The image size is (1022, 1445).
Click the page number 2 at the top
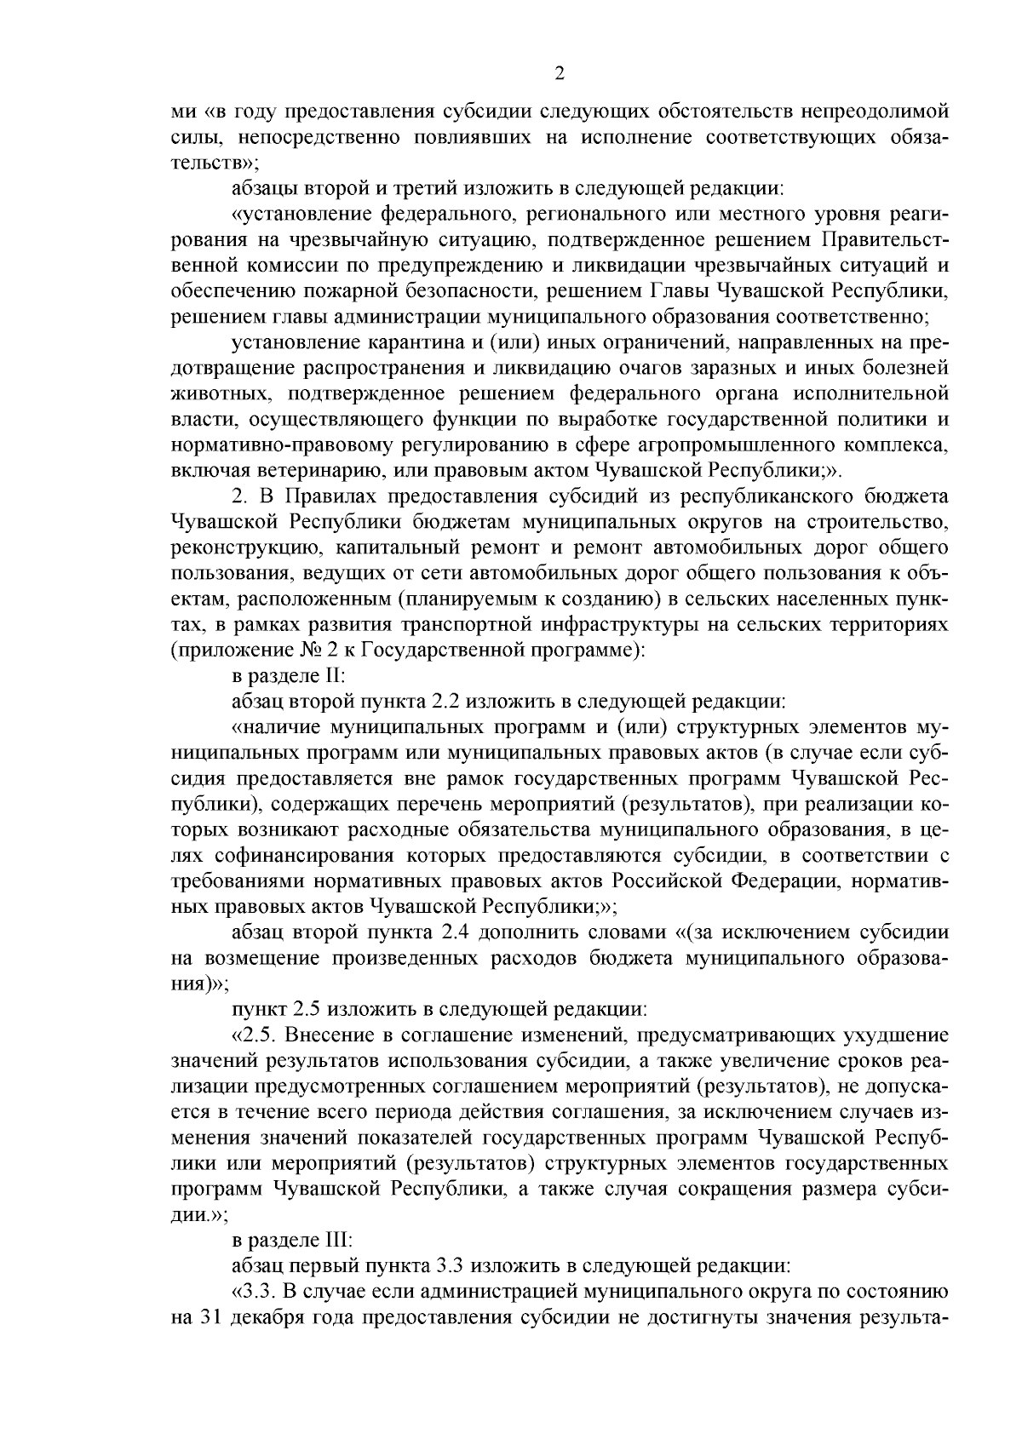(x=560, y=74)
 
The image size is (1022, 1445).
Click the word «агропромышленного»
(x=713, y=444)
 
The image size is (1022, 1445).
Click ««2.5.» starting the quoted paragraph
(x=254, y=1035)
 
